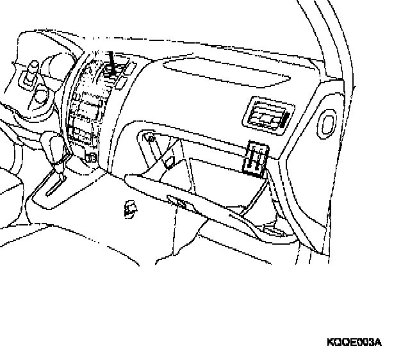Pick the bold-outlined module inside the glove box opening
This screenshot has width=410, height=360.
[x=256, y=157]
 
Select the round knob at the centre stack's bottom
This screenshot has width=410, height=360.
[x=91, y=156]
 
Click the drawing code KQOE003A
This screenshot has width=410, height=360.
[x=354, y=341]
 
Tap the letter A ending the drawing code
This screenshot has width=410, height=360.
[x=378, y=341]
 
